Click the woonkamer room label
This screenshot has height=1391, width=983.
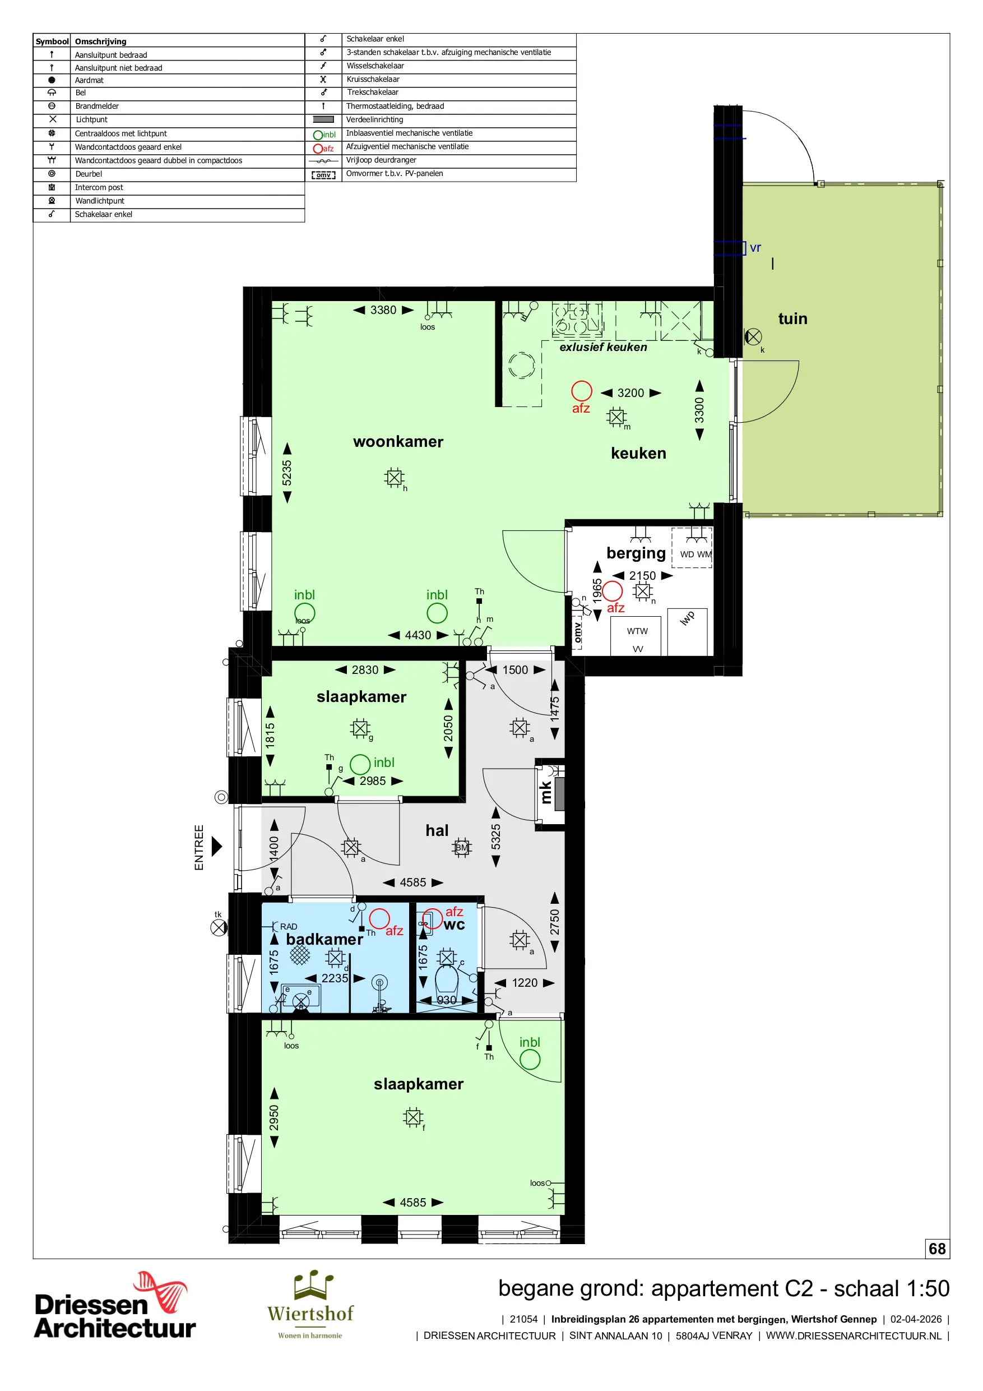(398, 442)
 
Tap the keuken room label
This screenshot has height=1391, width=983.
(638, 453)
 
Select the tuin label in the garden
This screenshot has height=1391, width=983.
(793, 318)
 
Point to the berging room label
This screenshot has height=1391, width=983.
(636, 553)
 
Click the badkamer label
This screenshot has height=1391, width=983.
(324, 939)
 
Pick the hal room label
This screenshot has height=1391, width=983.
(437, 830)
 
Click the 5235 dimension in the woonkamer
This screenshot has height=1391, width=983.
(287, 473)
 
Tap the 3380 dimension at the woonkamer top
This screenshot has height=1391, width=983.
(383, 310)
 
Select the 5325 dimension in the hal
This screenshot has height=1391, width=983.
(496, 837)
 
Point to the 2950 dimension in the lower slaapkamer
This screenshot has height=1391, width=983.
(275, 1118)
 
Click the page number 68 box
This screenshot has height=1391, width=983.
(937, 1248)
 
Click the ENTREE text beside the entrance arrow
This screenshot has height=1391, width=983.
(198, 847)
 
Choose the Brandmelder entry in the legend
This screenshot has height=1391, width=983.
(97, 106)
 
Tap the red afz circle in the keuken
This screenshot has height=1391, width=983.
(581, 391)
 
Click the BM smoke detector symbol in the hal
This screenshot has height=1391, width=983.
(462, 848)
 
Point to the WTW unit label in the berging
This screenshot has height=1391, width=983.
(637, 631)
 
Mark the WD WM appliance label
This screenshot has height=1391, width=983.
(696, 554)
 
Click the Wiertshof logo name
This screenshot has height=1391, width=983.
(310, 1313)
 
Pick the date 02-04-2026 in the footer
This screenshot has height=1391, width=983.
(916, 1319)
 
